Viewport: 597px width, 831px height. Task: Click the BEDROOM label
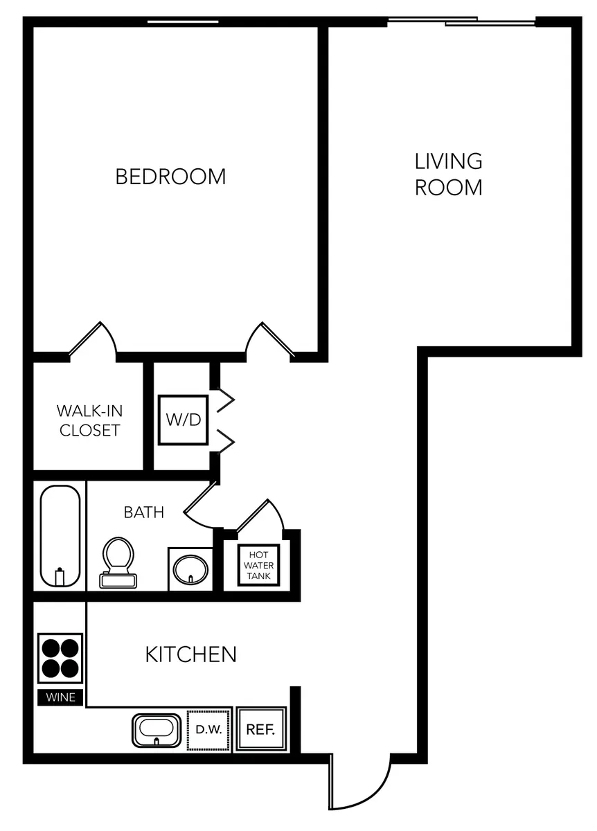[170, 177]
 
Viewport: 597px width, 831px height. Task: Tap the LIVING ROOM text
[448, 175]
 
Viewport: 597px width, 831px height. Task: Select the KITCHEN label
[190, 654]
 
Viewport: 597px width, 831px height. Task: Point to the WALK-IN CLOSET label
[89, 421]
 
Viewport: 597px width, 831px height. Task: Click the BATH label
[144, 512]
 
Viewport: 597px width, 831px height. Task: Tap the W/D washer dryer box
[183, 420]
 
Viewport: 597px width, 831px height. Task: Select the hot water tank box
[258, 565]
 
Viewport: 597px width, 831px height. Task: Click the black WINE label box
[60, 697]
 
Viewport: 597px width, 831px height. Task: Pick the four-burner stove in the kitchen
[60, 659]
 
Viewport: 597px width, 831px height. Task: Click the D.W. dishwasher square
[208, 730]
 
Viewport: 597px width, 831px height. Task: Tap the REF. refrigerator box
[261, 730]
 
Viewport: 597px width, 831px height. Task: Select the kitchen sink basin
[157, 731]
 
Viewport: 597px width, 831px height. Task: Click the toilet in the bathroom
[118, 563]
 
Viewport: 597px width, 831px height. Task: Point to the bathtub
[60, 536]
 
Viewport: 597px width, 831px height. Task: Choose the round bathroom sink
[190, 569]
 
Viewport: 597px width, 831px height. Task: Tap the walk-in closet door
[93, 338]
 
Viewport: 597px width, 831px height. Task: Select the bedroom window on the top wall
[183, 22]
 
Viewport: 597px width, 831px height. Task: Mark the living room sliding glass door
[462, 21]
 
